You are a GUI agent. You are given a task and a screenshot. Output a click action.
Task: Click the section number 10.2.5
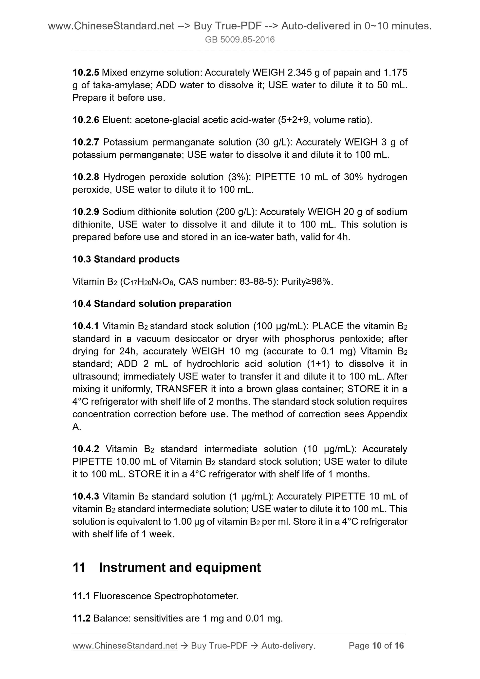[x=86, y=73]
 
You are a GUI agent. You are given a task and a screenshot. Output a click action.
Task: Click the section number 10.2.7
[x=86, y=142]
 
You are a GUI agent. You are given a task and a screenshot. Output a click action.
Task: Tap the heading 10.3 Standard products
[x=126, y=259]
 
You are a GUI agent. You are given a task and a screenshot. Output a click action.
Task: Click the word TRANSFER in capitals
[x=182, y=389]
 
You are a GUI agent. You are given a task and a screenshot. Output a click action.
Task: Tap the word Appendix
[x=387, y=414]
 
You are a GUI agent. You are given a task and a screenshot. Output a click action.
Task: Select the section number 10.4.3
[x=86, y=496]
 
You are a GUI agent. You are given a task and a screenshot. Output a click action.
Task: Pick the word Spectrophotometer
[x=196, y=596]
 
